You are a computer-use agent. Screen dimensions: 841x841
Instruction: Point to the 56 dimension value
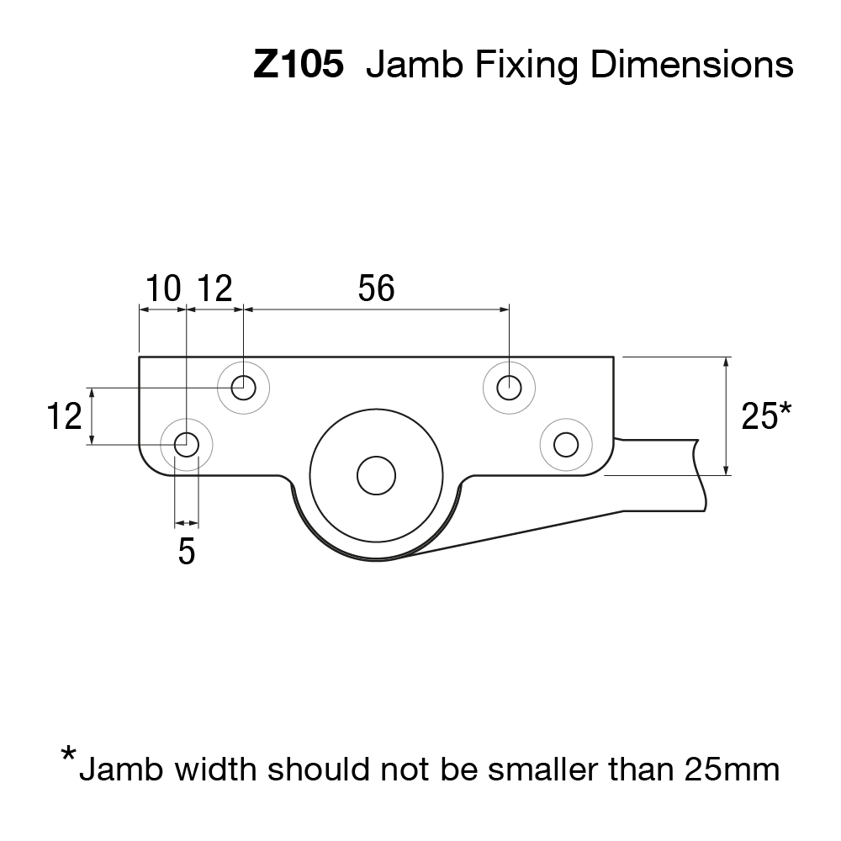(376, 288)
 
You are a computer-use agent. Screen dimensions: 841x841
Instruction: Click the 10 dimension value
(163, 288)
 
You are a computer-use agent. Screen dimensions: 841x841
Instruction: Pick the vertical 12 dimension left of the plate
(64, 416)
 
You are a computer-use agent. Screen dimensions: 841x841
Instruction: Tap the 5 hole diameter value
(187, 552)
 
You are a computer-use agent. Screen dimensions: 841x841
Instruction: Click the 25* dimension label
(765, 415)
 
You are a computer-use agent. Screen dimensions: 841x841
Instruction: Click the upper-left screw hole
(243, 388)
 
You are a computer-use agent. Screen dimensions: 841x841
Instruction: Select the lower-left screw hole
(186, 443)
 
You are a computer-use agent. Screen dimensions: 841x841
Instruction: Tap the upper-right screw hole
(510, 388)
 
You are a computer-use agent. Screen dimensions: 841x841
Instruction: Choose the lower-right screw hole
(566, 443)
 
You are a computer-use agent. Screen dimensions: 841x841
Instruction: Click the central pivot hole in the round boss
(376, 476)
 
